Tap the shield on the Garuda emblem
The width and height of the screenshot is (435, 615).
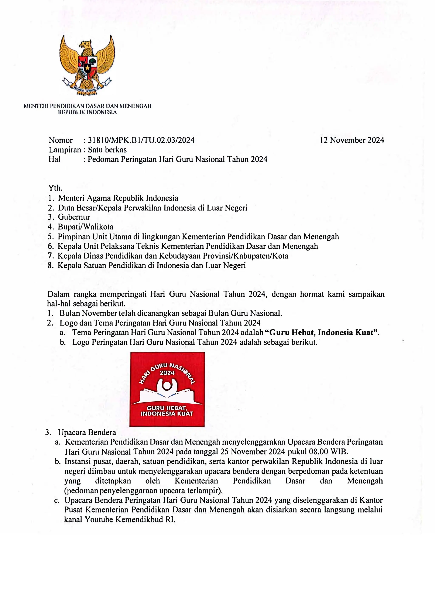tap(87, 67)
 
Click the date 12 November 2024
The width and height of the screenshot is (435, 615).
tap(352, 140)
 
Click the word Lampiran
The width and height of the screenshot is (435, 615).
tap(65, 150)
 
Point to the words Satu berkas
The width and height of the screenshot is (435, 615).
tap(107, 150)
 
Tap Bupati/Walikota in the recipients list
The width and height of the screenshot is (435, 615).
tap(86, 227)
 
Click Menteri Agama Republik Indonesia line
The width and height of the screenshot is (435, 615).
tap(118, 198)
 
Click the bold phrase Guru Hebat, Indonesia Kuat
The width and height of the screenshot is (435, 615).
tap(321, 333)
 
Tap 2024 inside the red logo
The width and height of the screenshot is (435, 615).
tap(167, 373)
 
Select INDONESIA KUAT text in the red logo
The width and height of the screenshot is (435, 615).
tap(167, 414)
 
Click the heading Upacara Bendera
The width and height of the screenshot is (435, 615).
tap(87, 432)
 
